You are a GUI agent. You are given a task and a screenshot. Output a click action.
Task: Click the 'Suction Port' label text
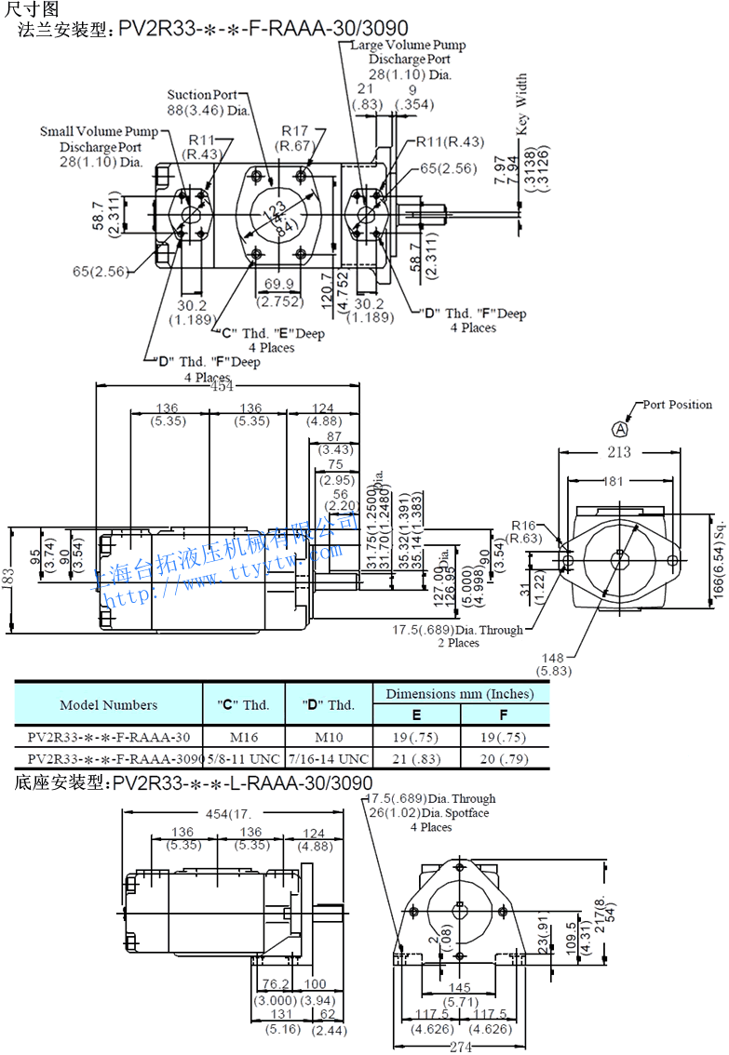click(x=202, y=95)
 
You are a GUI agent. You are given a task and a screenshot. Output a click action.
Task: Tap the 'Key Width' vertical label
click(x=521, y=102)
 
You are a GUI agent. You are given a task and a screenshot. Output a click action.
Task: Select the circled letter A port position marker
click(x=620, y=428)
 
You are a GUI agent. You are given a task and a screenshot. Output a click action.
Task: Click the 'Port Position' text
click(x=677, y=405)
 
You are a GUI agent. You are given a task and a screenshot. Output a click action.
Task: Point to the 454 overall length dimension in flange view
click(x=222, y=387)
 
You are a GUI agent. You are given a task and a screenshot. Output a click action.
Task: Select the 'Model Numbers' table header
click(x=109, y=704)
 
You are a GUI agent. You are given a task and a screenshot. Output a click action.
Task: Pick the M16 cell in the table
click(x=244, y=738)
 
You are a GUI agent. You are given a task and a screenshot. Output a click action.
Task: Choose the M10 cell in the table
click(x=329, y=738)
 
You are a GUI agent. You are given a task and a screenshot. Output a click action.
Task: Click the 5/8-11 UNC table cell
click(x=244, y=758)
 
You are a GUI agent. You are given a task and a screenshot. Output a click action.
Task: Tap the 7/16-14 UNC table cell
click(x=329, y=758)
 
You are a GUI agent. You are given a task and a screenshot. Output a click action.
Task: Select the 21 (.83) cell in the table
click(x=416, y=758)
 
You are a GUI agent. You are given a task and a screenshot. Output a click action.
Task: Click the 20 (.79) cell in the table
click(x=504, y=758)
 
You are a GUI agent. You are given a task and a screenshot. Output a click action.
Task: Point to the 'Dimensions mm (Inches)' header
click(x=460, y=694)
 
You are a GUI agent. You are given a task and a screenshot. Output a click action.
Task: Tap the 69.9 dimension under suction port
click(x=275, y=284)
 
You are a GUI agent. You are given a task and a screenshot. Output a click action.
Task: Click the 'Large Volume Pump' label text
click(x=409, y=45)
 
